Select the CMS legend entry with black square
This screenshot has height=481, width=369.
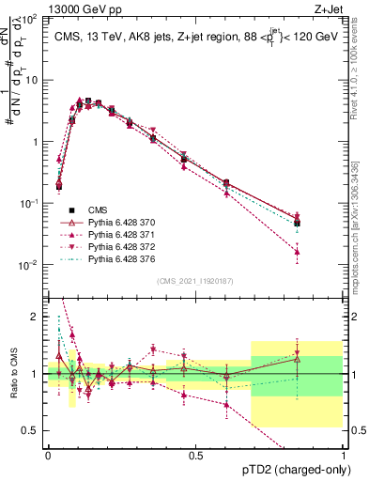(x=100, y=209)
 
